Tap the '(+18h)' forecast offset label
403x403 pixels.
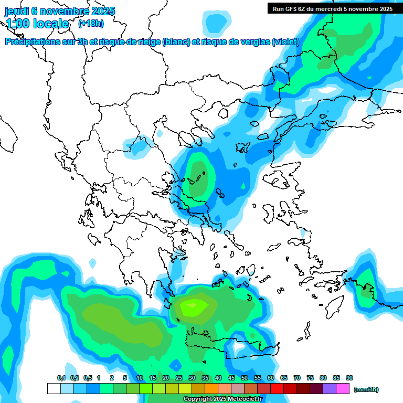(x=91, y=24)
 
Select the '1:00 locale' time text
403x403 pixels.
(x=37, y=24)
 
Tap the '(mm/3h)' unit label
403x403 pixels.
(x=366, y=389)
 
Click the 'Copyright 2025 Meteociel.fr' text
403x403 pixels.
(x=222, y=399)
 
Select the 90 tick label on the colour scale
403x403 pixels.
(x=349, y=378)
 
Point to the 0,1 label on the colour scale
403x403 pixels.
(x=61, y=378)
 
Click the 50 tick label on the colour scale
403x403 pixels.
(x=245, y=378)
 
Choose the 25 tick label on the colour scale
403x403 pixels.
(x=179, y=378)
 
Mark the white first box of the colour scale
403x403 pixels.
(x=54, y=389)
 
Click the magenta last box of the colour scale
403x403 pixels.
(x=343, y=389)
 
